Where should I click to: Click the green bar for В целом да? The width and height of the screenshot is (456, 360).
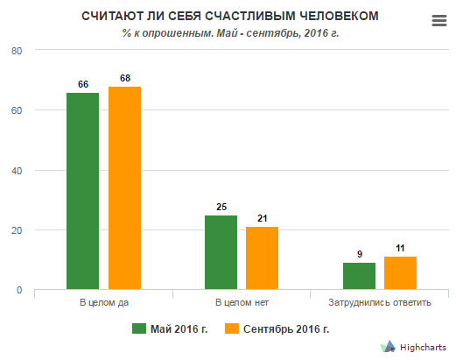coord(82,191)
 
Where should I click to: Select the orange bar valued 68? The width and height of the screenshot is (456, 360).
coord(124,187)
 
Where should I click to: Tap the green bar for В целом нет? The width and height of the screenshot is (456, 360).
coord(221,252)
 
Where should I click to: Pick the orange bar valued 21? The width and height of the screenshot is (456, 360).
coord(262,258)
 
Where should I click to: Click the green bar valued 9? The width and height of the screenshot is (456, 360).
coord(359,276)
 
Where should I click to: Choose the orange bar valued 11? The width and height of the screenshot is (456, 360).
coord(400,273)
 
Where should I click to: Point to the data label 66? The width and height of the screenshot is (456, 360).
coord(83,84)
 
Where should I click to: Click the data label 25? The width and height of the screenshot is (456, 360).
coord(221,207)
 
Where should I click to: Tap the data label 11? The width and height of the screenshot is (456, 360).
coord(400,248)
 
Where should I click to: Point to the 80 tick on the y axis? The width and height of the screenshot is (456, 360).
coord(17,51)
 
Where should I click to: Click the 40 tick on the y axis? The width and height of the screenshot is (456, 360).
coord(17,171)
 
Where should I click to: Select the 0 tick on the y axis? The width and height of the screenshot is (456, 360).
coord(19,290)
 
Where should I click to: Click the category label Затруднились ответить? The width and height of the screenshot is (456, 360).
coord(380,302)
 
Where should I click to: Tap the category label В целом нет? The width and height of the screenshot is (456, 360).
coord(242,302)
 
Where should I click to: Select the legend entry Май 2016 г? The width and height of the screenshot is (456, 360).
coord(170,328)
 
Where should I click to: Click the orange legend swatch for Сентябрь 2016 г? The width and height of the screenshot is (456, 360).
coord(232,328)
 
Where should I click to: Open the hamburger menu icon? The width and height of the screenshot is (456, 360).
coord(439,21)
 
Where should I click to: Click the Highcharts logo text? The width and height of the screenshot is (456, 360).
coord(423,348)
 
